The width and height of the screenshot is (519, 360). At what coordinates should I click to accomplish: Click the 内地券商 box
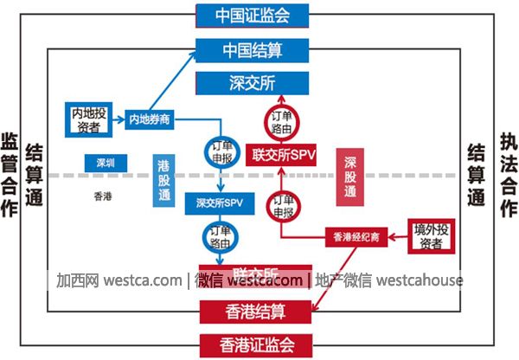[149, 119]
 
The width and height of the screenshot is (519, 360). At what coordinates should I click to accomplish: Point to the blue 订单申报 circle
[221, 151]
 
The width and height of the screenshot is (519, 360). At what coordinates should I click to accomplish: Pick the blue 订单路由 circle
[221, 236]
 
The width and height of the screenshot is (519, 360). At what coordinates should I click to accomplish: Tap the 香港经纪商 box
[350, 235]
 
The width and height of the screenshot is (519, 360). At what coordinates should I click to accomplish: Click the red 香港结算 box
[254, 310]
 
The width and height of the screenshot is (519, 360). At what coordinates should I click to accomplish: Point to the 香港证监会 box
[254, 344]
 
